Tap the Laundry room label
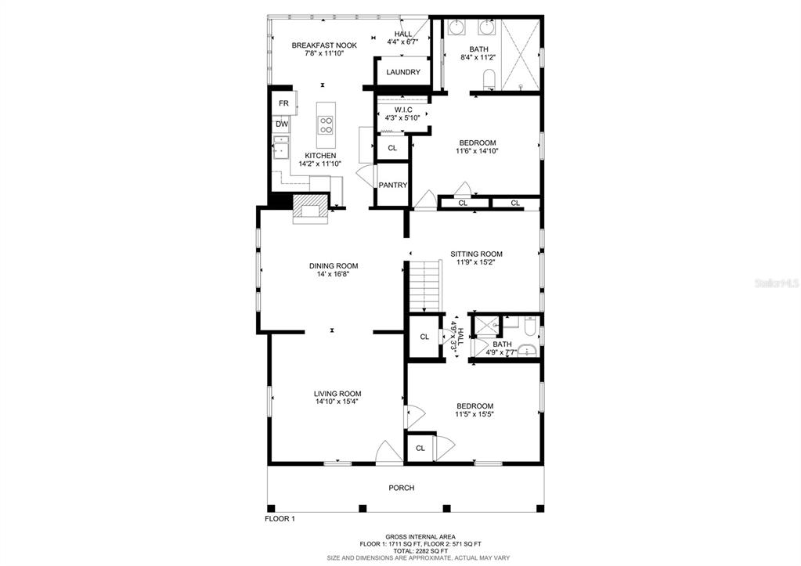click(403, 73)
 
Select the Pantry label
click(393, 186)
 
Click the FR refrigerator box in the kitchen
click(284, 103)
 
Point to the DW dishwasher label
click(282, 124)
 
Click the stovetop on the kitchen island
click(326, 125)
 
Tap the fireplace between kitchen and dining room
click(309, 208)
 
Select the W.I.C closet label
click(403, 110)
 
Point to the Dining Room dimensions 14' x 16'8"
click(333, 274)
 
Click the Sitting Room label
click(476, 254)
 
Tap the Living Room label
click(337, 394)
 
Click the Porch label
click(402, 488)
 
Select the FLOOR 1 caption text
click(280, 519)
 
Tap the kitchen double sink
click(280, 147)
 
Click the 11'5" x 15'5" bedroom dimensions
click(474, 414)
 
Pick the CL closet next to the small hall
click(424, 337)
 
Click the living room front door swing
click(389, 452)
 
